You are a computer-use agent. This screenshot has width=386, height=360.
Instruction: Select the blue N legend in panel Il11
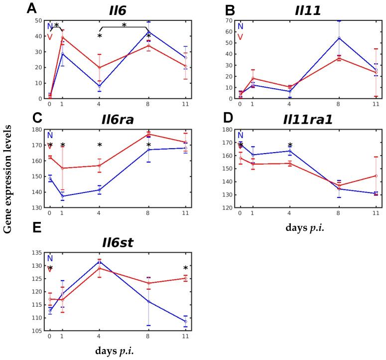pos(241,26)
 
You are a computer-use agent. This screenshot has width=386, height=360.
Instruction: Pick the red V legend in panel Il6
pos(50,36)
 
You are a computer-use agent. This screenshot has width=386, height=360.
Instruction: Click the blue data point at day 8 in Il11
pos(325,38)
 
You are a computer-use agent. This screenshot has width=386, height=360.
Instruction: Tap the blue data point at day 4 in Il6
pos(99,86)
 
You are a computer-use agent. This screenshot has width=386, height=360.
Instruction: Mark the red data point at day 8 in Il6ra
pos(148,134)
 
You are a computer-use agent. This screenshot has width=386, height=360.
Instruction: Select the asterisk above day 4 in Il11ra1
pos(290,145)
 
